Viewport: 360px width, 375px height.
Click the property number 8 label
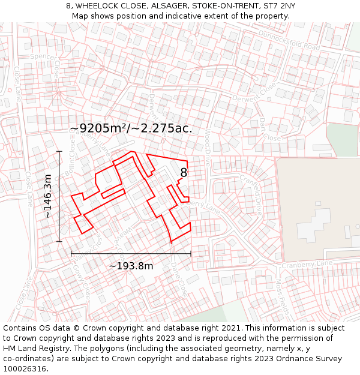(184, 173)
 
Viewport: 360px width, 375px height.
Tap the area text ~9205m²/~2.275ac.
(131, 128)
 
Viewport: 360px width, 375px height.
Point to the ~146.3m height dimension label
(48, 196)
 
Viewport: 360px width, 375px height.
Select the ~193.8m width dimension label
(131, 266)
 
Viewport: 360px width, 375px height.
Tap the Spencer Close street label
(48, 66)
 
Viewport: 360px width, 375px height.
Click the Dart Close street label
(269, 128)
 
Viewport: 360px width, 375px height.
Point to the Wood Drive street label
(207, 146)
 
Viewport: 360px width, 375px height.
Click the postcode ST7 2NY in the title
(275, 5)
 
